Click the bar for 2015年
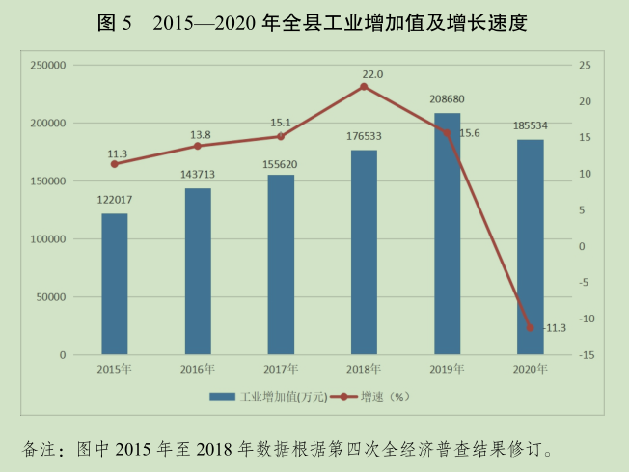[115, 284]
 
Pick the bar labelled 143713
[198, 271]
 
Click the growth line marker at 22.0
[364, 87]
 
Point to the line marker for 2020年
[530, 328]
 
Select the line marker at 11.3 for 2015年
[115, 164]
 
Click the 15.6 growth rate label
[469, 133]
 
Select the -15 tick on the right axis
[586, 355]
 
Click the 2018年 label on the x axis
[364, 369]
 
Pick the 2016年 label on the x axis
[198, 369]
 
